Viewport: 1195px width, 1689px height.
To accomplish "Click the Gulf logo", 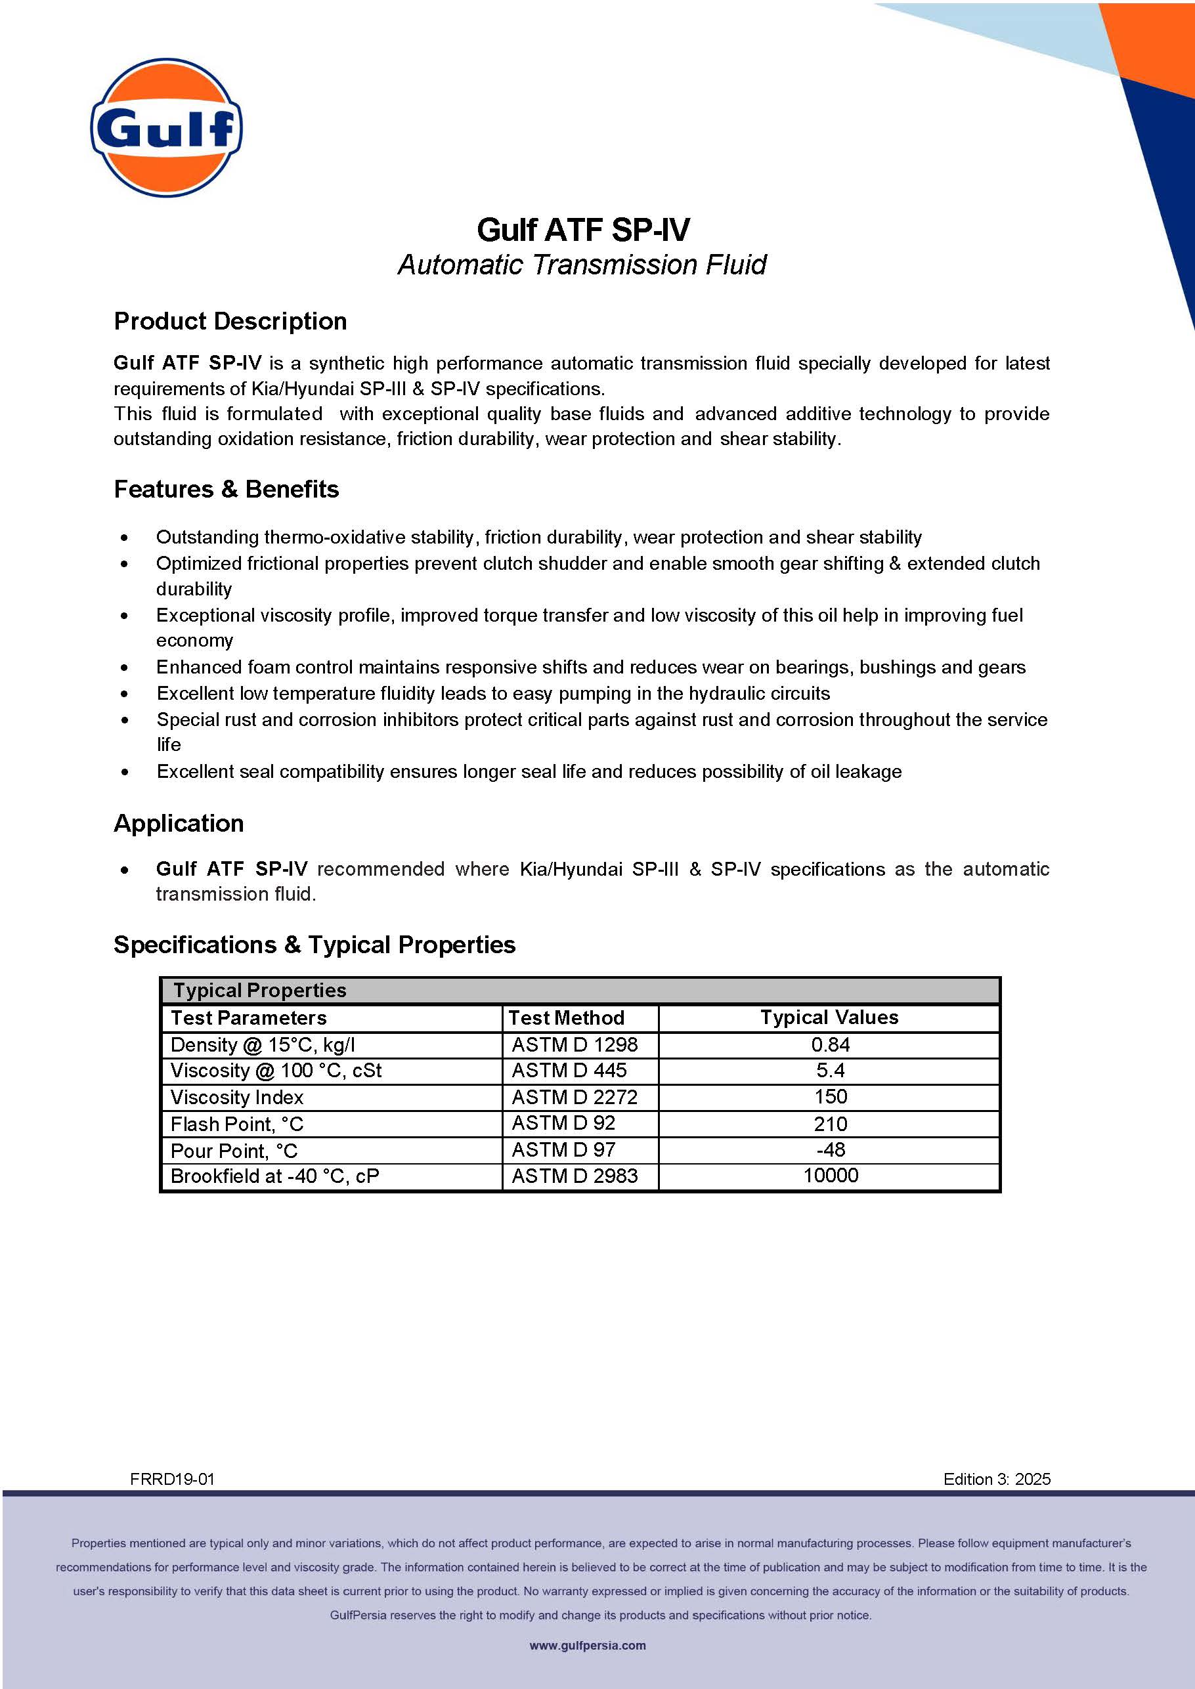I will tap(166, 127).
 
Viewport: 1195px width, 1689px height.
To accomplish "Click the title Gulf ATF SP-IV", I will tap(583, 230).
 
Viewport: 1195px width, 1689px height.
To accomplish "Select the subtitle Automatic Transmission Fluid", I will tap(582, 265).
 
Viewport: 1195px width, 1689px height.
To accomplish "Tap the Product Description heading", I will tap(230, 322).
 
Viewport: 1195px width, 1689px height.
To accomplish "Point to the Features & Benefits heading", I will tap(226, 489).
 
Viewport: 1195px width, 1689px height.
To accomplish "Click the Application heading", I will tap(179, 823).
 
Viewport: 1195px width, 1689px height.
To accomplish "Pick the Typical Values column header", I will tap(829, 1017).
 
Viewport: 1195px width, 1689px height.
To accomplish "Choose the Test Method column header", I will tap(567, 1018).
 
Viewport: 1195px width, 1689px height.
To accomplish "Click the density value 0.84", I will tap(830, 1044).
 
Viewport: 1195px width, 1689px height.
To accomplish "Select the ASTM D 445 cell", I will tap(569, 1071).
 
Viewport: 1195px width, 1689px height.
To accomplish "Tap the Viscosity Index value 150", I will tap(830, 1097).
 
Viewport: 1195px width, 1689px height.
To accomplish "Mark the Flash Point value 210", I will tap(830, 1124).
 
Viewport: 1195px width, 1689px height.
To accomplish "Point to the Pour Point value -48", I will tap(830, 1150).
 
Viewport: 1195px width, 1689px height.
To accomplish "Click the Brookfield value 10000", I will tap(830, 1176).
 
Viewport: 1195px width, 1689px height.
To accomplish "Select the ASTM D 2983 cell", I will tap(574, 1176).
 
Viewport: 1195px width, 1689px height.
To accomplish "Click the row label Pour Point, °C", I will tap(234, 1151).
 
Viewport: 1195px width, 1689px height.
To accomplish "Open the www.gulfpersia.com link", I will tap(587, 1646).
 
